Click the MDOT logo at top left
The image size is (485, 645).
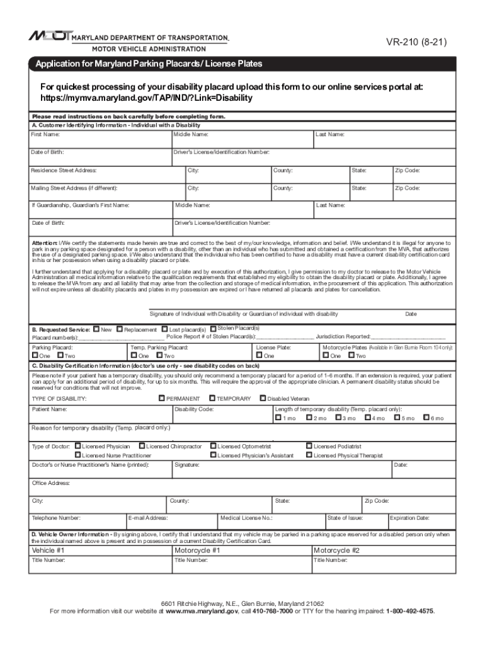pos(50,37)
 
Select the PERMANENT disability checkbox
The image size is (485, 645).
pos(162,398)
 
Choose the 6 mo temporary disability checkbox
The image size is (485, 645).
pos(426,418)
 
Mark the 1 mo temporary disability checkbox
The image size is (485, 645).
pos(278,418)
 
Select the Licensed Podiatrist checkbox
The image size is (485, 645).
pos(309,446)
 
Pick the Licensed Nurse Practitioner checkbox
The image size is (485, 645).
pos(77,455)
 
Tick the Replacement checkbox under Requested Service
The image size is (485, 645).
pos(120,329)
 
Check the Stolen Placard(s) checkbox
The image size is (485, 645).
pos(213,328)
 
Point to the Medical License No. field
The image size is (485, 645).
pos(271,522)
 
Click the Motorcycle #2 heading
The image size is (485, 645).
pos(336,550)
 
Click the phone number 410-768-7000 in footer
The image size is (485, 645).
pos(273,611)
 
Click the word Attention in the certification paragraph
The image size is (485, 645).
pos(45,243)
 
